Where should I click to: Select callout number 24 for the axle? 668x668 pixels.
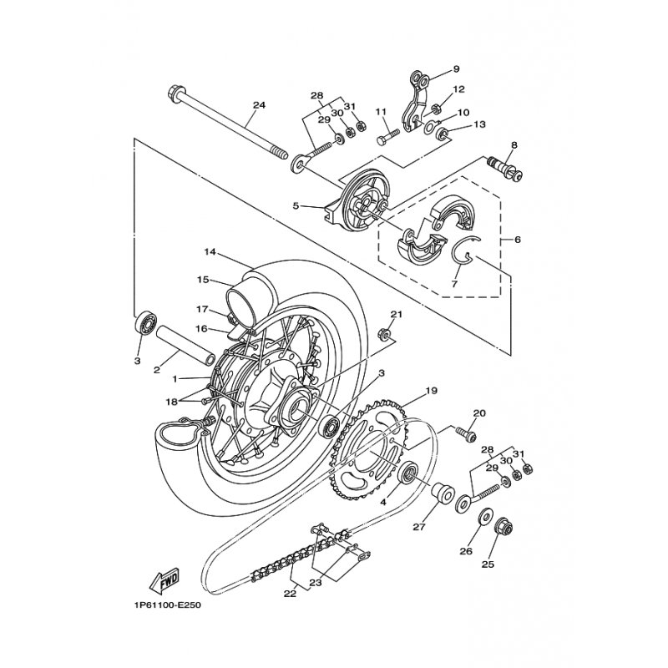pyautogui.click(x=259, y=105)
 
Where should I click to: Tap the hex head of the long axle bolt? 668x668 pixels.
pyautogui.click(x=175, y=91)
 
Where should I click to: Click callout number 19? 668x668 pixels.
pyautogui.click(x=431, y=390)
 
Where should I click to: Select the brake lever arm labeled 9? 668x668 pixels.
pyautogui.click(x=416, y=101)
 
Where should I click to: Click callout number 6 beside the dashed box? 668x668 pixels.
pyautogui.click(x=517, y=240)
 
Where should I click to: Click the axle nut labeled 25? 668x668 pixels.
pyautogui.click(x=503, y=527)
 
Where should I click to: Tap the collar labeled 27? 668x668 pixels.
pyautogui.click(x=443, y=493)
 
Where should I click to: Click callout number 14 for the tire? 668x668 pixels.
pyautogui.click(x=210, y=252)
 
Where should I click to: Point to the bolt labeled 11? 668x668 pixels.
pyautogui.click(x=387, y=137)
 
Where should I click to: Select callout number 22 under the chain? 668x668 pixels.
pyautogui.click(x=290, y=594)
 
